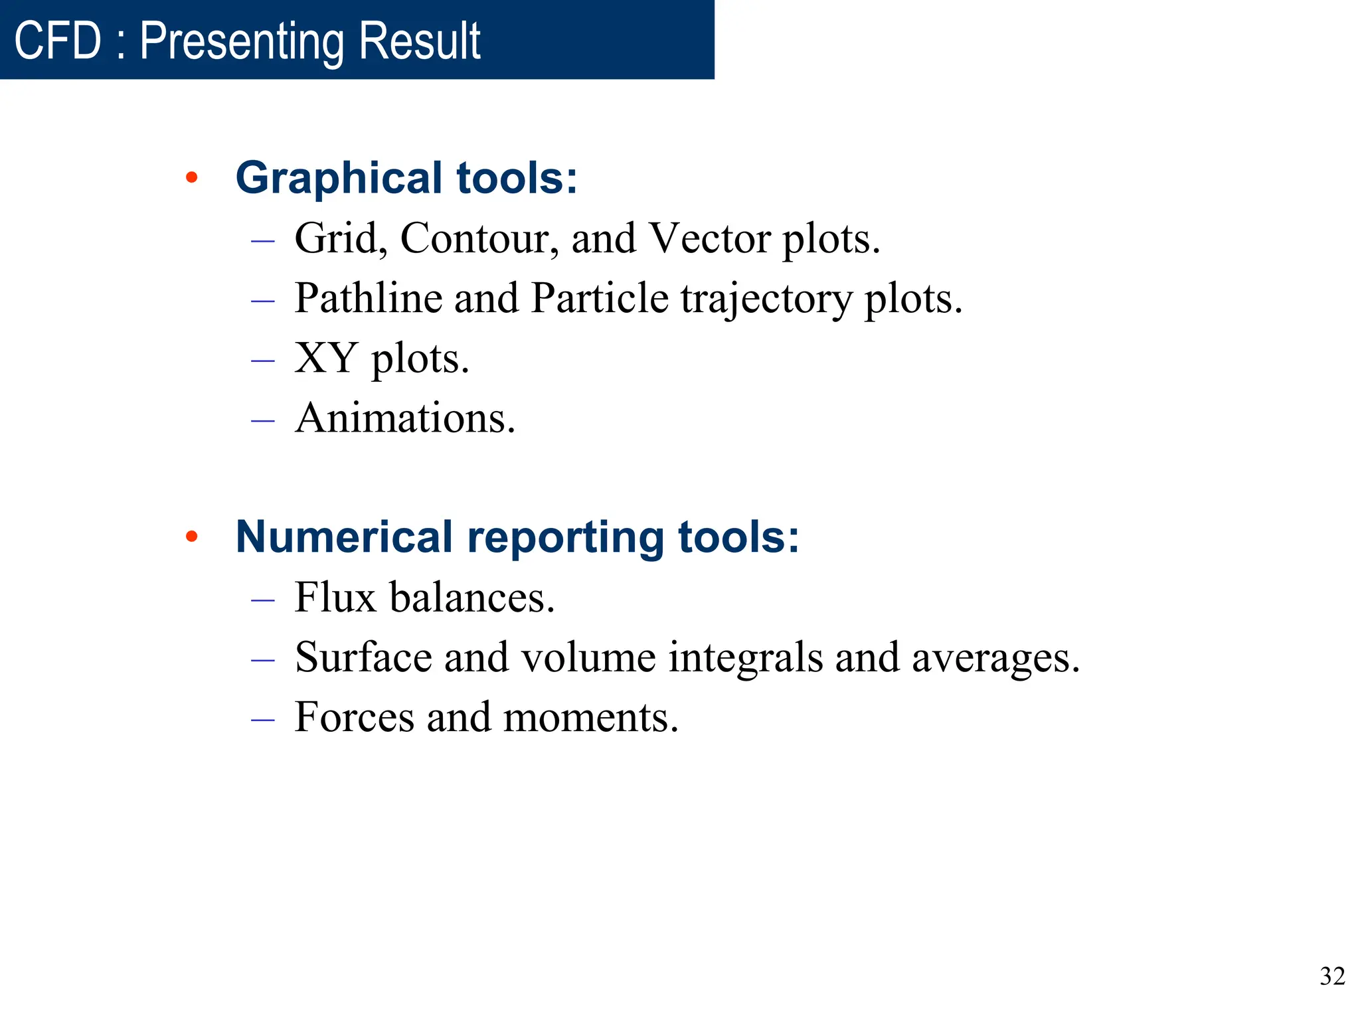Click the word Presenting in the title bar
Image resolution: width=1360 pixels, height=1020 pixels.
[x=242, y=41]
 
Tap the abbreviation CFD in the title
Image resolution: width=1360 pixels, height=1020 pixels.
[x=58, y=41]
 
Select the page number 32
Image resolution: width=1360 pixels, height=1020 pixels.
[x=1331, y=976]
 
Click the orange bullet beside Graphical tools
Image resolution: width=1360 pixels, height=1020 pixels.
[x=192, y=177]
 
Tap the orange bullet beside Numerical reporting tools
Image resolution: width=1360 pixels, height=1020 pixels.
[x=192, y=537]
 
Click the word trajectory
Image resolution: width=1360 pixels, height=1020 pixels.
[x=766, y=299]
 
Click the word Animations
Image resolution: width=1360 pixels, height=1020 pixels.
[x=405, y=418]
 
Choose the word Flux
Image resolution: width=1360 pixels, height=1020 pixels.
[x=335, y=597]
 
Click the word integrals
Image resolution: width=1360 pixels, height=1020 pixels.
[x=745, y=657]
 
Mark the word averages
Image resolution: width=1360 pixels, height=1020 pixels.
[x=995, y=657]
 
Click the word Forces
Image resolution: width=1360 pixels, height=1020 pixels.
[x=354, y=717]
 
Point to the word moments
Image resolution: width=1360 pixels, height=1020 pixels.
[x=590, y=717]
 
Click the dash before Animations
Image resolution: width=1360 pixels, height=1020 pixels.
[x=263, y=420]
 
